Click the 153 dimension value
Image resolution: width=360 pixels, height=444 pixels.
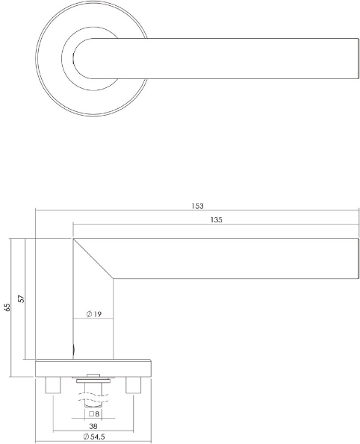coord(197,206)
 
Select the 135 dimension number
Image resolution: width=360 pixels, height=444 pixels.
coord(217,219)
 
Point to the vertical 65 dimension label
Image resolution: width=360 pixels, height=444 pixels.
coord(7,307)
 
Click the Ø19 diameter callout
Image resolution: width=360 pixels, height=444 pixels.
coord(93,314)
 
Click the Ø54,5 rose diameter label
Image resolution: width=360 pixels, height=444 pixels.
coord(93,437)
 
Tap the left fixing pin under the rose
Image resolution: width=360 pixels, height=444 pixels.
coord(53,386)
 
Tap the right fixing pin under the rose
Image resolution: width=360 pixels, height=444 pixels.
coord(134,386)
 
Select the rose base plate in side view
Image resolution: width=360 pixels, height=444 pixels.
coord(93,368)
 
